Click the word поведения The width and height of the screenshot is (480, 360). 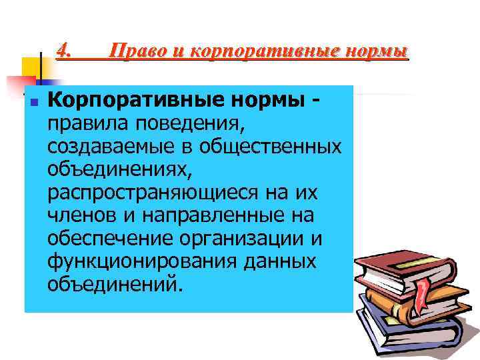coord(181,123)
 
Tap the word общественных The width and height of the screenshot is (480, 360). coord(272,146)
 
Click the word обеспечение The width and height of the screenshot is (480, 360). coord(105,238)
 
